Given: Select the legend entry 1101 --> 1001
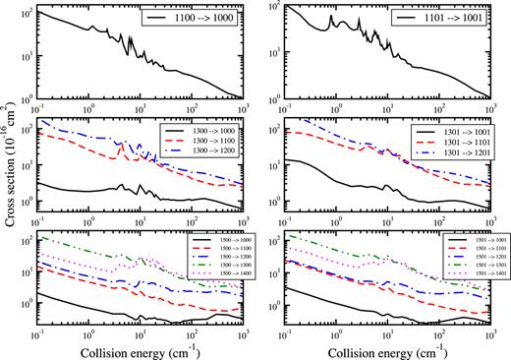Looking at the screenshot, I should tap(456, 20).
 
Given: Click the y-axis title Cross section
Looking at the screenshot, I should tap(11, 173).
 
